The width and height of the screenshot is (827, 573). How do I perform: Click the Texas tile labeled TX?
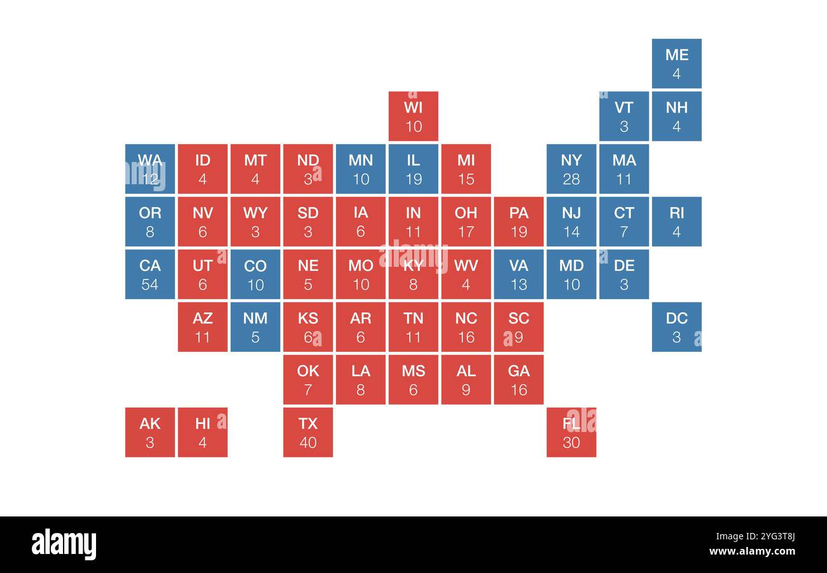[308, 433]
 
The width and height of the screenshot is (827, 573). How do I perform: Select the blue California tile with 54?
[150, 274]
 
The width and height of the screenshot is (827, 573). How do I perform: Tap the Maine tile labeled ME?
[676, 64]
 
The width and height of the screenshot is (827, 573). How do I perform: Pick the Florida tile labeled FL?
[571, 433]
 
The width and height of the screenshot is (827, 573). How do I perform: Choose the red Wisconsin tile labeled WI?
[413, 116]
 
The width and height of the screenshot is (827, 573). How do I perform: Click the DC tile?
[676, 327]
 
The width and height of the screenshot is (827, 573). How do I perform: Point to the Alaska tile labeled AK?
[150, 433]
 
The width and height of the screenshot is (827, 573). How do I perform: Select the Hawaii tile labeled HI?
[203, 433]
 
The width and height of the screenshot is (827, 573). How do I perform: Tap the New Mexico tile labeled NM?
[255, 327]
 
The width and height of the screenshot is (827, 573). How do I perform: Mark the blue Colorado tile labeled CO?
[255, 274]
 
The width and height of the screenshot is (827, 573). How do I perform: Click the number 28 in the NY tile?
[571, 179]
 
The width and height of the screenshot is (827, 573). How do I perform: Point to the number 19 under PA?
[518, 232]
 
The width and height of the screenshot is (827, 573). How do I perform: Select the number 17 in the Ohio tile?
[466, 232]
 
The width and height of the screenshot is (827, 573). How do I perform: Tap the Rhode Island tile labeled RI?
[676, 222]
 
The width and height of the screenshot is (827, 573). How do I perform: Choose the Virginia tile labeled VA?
[518, 274]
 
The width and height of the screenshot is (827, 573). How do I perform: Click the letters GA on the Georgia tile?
[518, 371]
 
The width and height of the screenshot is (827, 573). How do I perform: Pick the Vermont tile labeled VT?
[624, 116]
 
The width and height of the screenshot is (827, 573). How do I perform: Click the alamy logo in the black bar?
[64, 544]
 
